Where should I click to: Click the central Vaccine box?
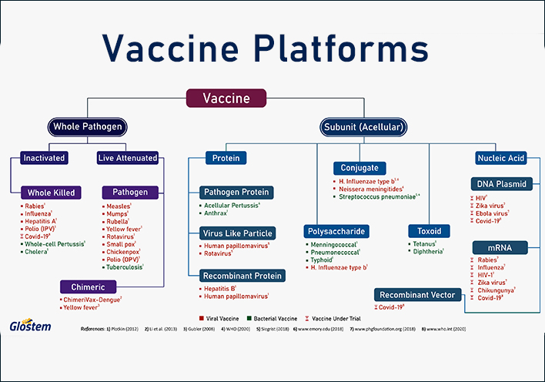pos(226,99)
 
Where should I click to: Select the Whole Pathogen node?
pos(87,126)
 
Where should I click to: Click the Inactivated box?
pos(44,158)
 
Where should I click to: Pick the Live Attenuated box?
pos(128,158)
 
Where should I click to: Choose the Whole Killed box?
pos(51,192)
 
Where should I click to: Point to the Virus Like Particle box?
pos(236,233)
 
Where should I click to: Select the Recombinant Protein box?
pos(241,275)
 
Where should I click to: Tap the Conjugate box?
pos(359,168)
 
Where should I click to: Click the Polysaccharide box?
pos(336,230)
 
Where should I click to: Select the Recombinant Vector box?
pos(418,294)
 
